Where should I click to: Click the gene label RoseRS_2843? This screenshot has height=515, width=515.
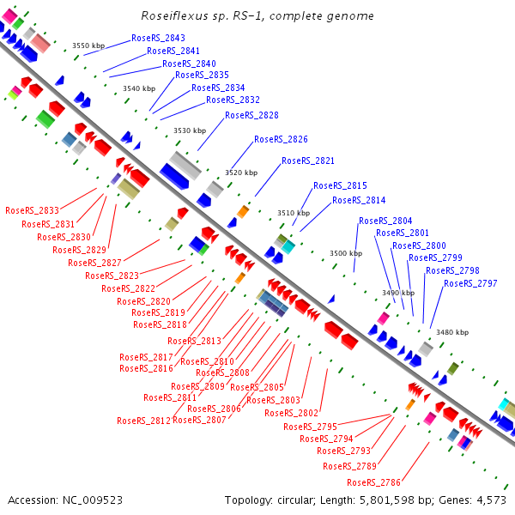pyautogui.click(x=158, y=39)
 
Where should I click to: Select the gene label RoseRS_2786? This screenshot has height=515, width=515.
pyautogui.click(x=349, y=482)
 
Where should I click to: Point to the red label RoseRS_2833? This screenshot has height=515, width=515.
pyautogui.click(x=32, y=210)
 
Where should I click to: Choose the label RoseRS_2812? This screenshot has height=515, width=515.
pyautogui.click(x=143, y=421)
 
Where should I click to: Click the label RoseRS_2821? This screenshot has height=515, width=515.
pyautogui.click(x=308, y=161)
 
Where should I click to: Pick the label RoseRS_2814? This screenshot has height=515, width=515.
pyautogui.click(x=359, y=201)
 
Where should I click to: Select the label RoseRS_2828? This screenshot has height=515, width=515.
pyautogui.click(x=251, y=115)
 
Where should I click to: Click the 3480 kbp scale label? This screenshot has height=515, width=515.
pyautogui.click(x=452, y=332)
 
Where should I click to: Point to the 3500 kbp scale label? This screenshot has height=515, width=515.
pyautogui.click(x=346, y=253)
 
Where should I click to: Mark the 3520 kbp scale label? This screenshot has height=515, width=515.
pyautogui.click(x=241, y=173)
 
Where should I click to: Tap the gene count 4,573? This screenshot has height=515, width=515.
pyautogui.click(x=491, y=500)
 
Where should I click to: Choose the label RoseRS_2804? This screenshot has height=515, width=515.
pyautogui.click(x=385, y=221)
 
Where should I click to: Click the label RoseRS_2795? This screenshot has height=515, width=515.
pyautogui.click(x=310, y=427)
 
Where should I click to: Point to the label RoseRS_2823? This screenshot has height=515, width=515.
pyautogui.click(x=112, y=276)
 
